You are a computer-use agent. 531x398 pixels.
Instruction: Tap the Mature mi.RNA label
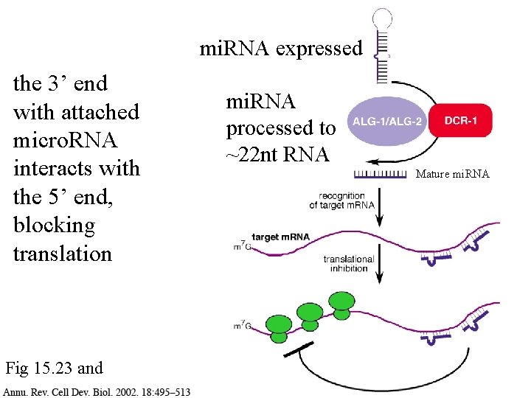click(x=452, y=175)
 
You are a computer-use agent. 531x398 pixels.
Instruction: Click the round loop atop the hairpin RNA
click(x=381, y=19)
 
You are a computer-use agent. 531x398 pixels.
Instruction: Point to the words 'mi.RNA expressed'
click(x=281, y=49)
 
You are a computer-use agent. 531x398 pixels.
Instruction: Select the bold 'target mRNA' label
click(x=280, y=237)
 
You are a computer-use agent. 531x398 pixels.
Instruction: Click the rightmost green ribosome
click(x=341, y=304)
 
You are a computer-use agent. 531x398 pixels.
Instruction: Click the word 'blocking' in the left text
click(x=54, y=225)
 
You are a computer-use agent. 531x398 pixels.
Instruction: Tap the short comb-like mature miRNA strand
click(x=381, y=174)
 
